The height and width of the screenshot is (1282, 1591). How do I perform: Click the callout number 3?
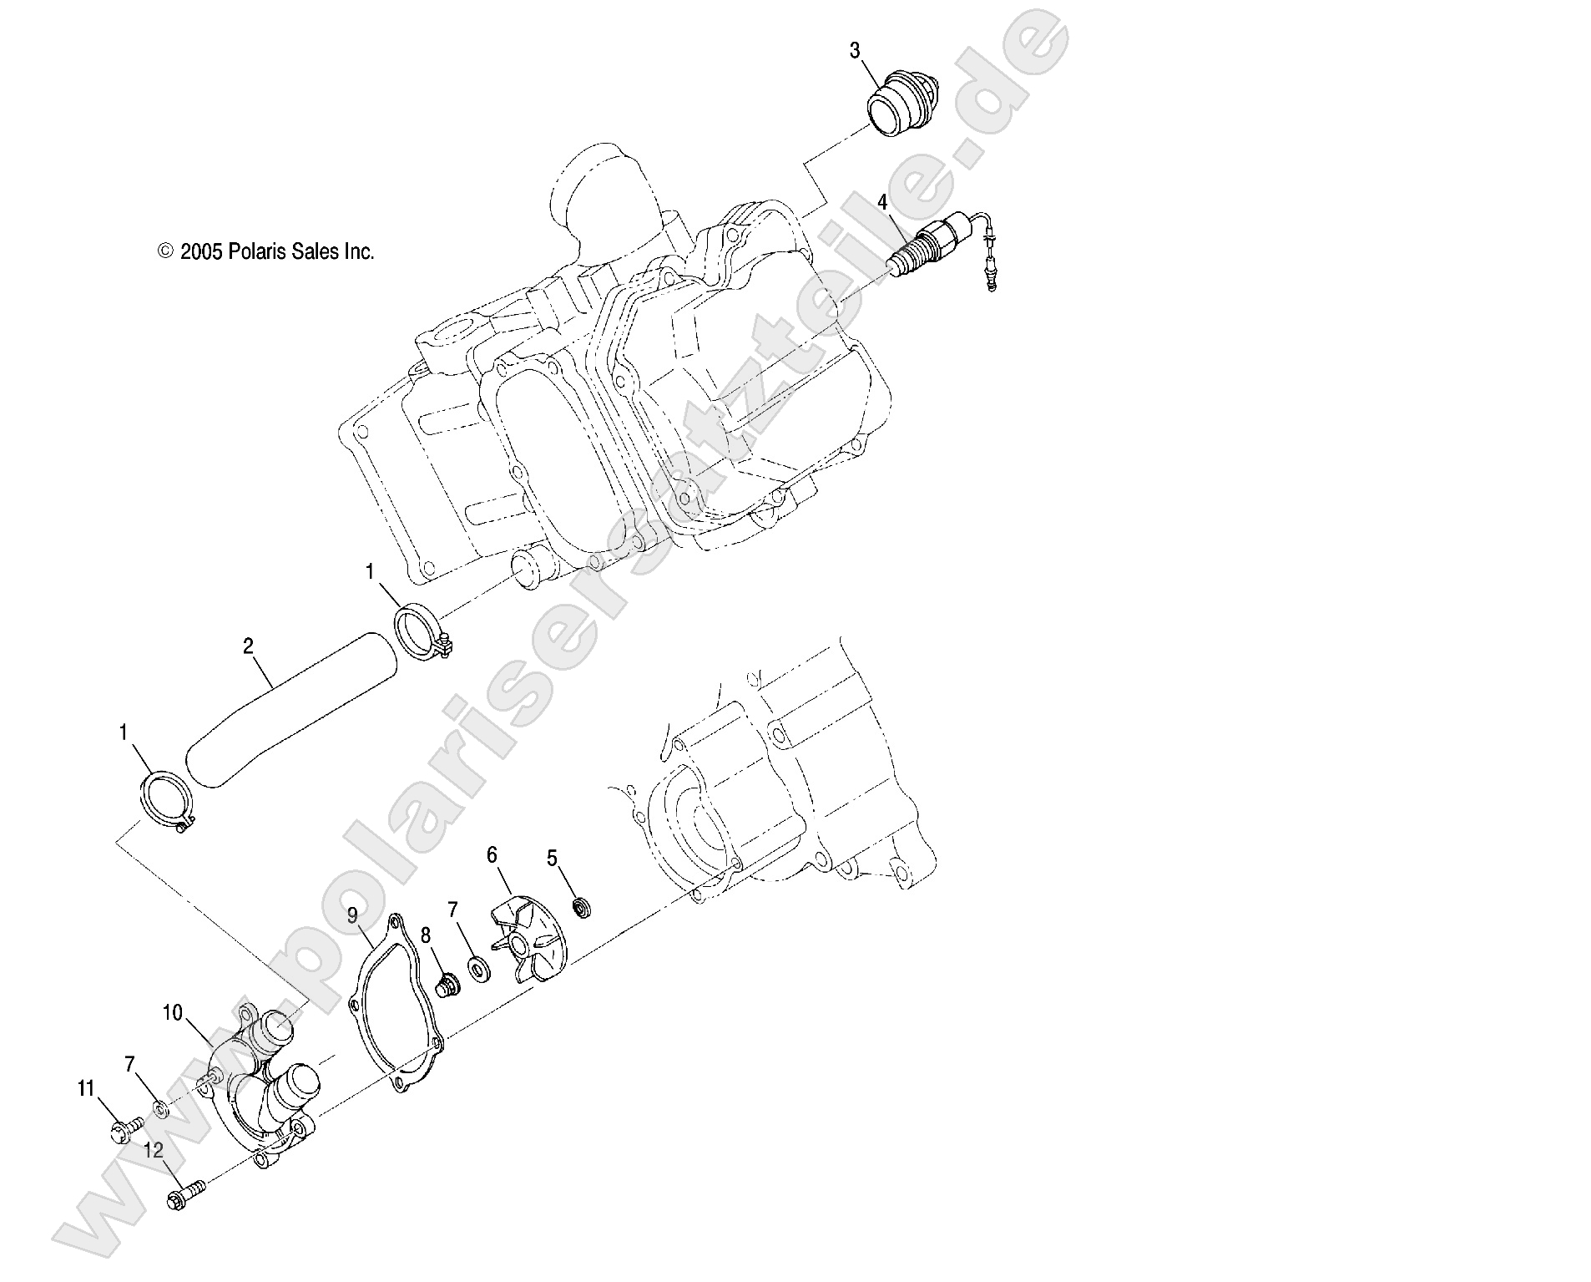[x=854, y=50]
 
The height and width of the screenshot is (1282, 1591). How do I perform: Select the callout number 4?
[x=882, y=201]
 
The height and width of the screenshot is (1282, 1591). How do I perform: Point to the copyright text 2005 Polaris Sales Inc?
[x=266, y=251]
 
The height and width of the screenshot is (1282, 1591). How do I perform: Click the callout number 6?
[x=492, y=854]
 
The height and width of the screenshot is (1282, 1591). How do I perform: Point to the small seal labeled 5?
[x=581, y=907]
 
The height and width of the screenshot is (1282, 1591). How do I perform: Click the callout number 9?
[x=353, y=915]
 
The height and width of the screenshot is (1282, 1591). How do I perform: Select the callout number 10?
[x=172, y=1013]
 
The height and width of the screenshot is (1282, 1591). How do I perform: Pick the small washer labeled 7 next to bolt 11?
[x=159, y=1112]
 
